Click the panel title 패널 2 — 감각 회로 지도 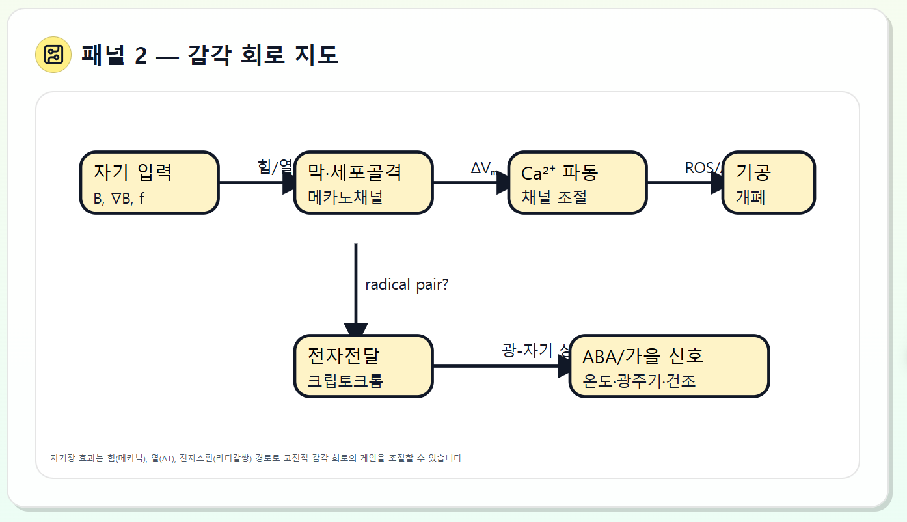click(x=210, y=55)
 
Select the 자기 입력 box click(x=149, y=182)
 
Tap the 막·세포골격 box click(x=363, y=182)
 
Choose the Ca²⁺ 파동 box click(x=577, y=182)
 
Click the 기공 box click(x=768, y=182)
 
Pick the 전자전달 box click(x=363, y=366)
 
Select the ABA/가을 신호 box click(x=669, y=366)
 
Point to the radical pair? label click(x=407, y=284)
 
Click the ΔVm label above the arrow click(x=483, y=169)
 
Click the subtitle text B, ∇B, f click(x=119, y=199)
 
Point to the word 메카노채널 click(x=345, y=197)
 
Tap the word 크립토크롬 click(x=345, y=381)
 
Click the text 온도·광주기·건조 click(x=639, y=381)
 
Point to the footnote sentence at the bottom click(x=257, y=458)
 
